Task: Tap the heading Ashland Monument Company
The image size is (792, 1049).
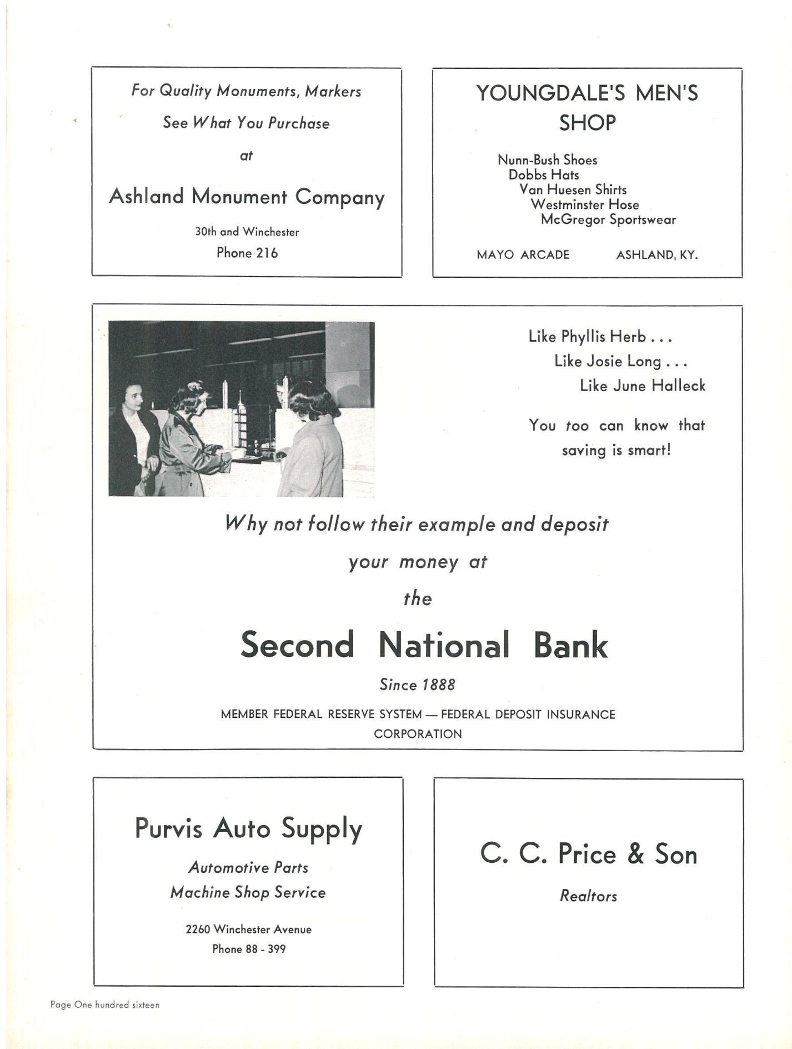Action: (x=247, y=197)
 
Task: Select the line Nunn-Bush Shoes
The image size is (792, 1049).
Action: (x=547, y=160)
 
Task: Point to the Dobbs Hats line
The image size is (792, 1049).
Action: (x=544, y=175)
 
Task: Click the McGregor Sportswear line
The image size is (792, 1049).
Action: (x=608, y=219)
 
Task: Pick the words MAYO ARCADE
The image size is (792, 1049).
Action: (x=523, y=255)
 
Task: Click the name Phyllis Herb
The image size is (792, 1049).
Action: (x=603, y=337)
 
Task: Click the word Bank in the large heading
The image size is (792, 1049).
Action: (x=570, y=645)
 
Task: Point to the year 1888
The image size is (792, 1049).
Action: (x=438, y=685)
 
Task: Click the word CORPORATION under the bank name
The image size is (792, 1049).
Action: (x=418, y=734)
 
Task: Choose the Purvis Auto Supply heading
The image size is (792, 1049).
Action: (x=248, y=829)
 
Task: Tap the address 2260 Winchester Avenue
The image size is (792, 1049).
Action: (x=248, y=929)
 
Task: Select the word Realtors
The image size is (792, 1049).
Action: (x=588, y=896)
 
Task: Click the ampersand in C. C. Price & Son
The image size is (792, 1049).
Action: (x=635, y=855)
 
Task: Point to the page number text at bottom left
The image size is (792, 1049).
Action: (x=105, y=1005)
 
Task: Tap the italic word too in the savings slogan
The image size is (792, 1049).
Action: (x=577, y=426)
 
